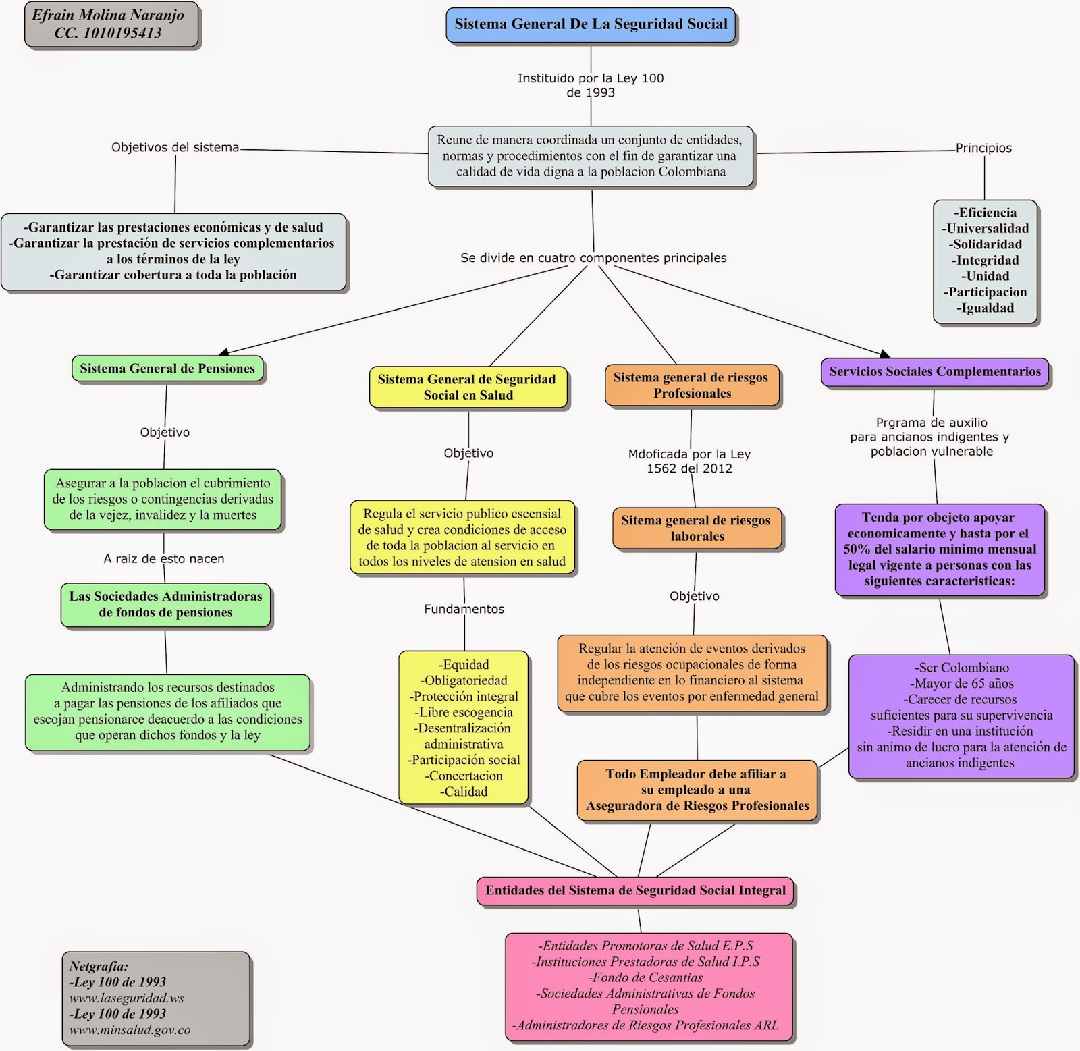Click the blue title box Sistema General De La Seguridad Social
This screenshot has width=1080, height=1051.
click(591, 25)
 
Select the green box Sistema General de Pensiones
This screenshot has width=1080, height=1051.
click(167, 369)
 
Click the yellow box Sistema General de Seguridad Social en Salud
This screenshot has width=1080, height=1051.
click(468, 387)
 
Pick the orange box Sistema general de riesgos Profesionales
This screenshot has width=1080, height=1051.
click(691, 385)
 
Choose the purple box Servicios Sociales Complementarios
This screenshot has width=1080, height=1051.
click(935, 372)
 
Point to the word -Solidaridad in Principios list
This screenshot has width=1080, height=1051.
click(986, 244)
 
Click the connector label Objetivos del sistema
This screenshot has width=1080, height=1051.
click(175, 148)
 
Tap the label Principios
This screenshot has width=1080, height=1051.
click(983, 148)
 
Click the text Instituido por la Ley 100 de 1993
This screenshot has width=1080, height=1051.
click(591, 86)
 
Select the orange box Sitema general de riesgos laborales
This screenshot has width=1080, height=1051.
click(697, 528)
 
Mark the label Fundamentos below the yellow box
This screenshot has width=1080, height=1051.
click(464, 609)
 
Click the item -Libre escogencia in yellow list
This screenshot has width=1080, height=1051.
click(464, 712)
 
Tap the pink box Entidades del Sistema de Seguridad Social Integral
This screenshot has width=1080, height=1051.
click(635, 890)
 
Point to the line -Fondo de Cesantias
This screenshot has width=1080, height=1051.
click(645, 977)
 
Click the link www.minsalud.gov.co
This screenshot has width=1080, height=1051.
click(130, 1030)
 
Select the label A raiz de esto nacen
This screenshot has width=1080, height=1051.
click(164, 559)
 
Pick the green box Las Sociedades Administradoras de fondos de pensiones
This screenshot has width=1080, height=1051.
click(165, 605)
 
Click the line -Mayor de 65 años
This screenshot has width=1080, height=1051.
click(961, 684)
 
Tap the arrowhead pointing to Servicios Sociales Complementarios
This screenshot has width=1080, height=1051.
click(885, 354)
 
